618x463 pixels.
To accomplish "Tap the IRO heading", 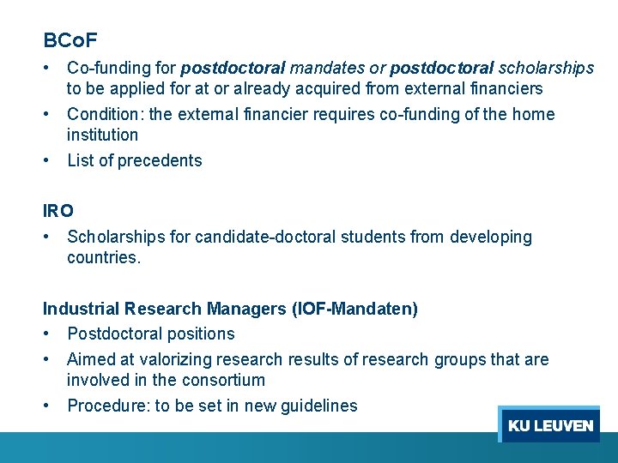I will (x=58, y=210).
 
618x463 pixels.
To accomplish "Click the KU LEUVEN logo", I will (x=549, y=425).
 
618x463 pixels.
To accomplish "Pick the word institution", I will (x=102, y=135).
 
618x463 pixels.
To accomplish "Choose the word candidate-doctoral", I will (x=268, y=237).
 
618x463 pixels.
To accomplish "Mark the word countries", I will (x=103, y=257).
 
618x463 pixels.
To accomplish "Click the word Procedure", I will (x=107, y=406).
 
